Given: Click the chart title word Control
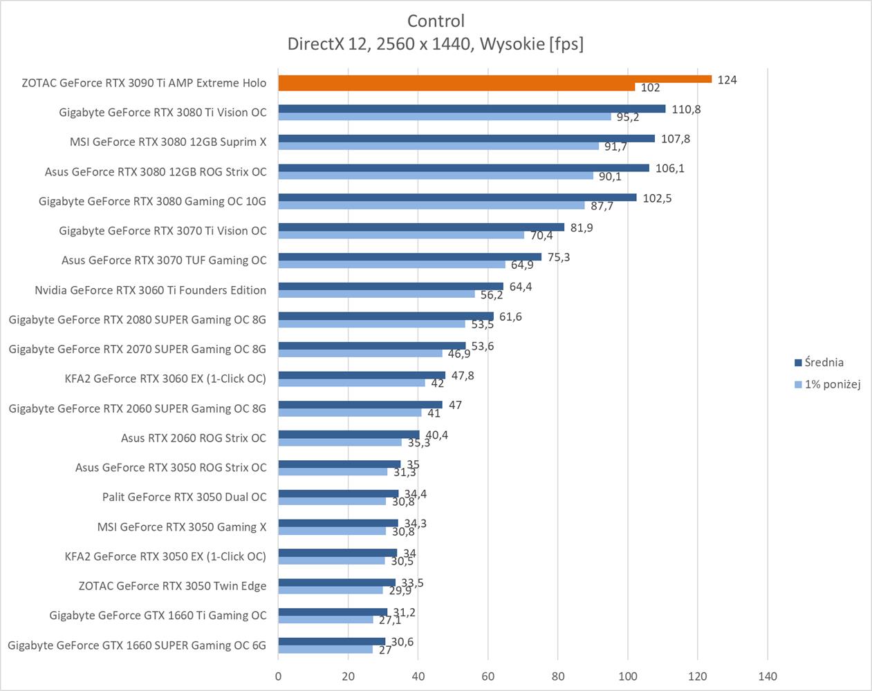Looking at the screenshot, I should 436,21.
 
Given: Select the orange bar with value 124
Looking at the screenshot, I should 494,79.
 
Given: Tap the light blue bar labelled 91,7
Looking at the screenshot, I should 438,146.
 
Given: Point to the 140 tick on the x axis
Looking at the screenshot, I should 768,676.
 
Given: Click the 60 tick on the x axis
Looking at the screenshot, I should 488,676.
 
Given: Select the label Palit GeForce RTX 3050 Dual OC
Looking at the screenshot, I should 184,497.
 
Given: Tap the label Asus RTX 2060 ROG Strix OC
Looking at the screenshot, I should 193,437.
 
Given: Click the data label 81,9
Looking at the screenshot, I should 581,227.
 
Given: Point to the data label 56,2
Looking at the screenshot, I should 492,295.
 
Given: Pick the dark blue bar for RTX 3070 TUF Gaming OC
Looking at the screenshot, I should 409,256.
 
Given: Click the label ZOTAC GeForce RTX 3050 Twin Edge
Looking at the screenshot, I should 172,586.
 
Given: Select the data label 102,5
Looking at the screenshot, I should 657,198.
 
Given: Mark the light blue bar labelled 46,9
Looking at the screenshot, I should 360,353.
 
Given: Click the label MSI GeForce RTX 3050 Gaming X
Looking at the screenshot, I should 181,527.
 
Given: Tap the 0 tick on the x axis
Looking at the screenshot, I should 279,676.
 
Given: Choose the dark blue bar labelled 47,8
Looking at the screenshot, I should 362,375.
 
